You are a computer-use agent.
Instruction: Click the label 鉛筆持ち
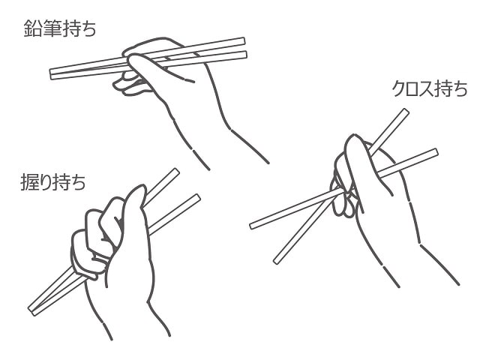(60, 28)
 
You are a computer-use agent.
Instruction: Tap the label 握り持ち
(53, 181)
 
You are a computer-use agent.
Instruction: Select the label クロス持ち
(430, 88)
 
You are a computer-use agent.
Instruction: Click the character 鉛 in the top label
(33, 28)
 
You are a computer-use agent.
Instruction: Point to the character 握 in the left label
(29, 181)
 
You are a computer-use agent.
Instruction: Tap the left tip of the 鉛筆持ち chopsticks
(51, 74)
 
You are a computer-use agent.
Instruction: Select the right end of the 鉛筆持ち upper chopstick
(244, 41)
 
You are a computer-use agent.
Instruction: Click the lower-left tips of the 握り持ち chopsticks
(31, 310)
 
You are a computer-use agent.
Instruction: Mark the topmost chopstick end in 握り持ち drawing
(177, 171)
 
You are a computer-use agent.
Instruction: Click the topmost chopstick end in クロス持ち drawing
(406, 111)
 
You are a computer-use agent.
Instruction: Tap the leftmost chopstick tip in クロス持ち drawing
(252, 226)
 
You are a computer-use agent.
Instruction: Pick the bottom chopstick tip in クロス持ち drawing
(276, 262)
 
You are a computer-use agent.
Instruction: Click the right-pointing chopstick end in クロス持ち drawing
(436, 152)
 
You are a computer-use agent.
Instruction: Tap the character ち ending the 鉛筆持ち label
(88, 28)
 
